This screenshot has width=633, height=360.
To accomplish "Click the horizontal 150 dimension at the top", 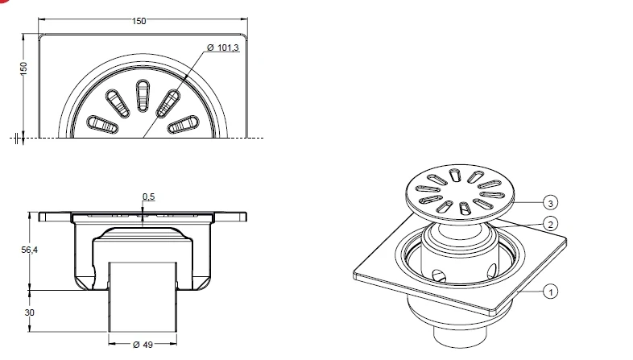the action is click(139, 21).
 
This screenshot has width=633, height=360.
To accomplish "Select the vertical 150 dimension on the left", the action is click(24, 68).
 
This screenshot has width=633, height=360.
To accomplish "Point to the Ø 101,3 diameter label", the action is click(223, 48).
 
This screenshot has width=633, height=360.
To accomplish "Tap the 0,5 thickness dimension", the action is click(148, 197).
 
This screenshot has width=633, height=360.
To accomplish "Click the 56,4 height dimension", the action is click(30, 250).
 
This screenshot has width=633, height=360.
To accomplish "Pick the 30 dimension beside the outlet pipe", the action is click(30, 312).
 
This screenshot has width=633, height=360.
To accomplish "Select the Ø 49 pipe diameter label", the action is click(143, 344).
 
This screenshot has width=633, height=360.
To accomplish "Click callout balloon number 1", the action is click(551, 292).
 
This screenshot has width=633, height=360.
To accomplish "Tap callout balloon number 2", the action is click(551, 224).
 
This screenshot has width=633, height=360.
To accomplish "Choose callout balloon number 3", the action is click(551, 203).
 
